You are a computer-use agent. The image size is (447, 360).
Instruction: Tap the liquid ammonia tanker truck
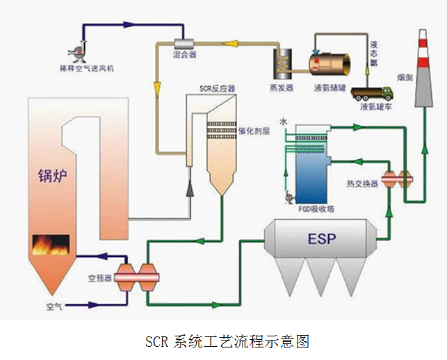pos(373,92)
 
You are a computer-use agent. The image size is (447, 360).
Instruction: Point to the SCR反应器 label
pos(218,88)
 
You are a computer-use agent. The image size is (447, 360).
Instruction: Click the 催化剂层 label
pos(254,131)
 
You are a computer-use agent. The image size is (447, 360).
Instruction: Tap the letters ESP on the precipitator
pos(321,240)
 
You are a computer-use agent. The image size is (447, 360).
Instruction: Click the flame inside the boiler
pos(51,245)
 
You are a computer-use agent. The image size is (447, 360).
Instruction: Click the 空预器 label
pos(98,279)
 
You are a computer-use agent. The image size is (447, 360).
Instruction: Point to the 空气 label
pos(54,306)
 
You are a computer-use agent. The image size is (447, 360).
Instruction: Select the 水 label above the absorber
pos(284,122)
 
